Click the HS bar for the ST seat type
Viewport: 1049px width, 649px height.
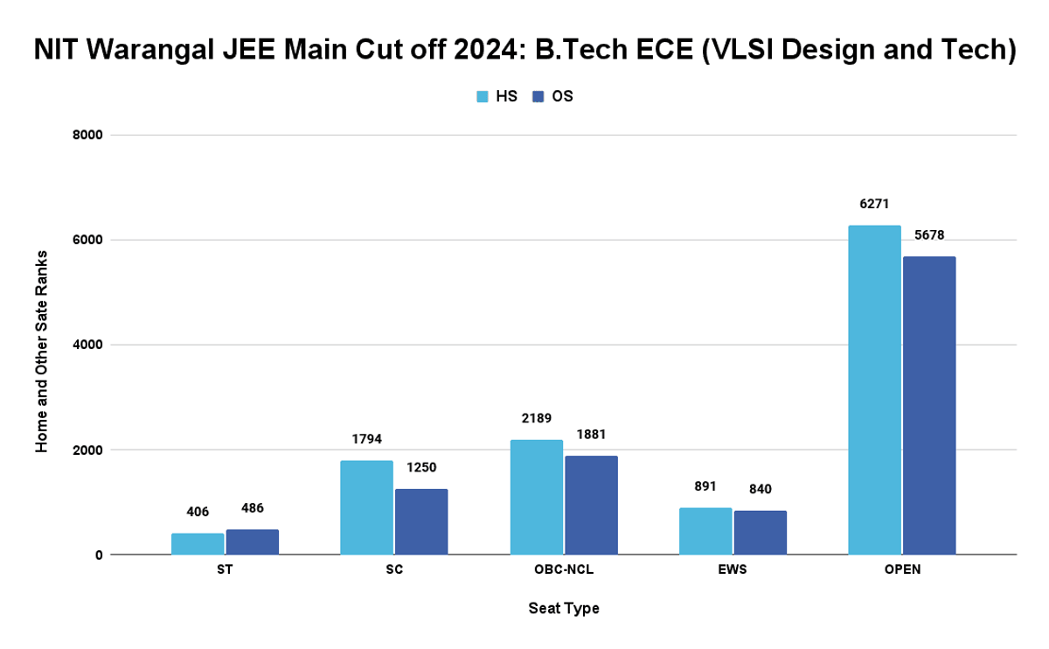(x=198, y=544)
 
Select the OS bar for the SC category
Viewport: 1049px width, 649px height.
(x=421, y=521)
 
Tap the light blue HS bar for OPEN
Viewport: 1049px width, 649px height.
(x=874, y=390)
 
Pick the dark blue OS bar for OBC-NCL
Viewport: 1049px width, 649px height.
(x=591, y=505)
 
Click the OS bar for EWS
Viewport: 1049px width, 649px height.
(x=760, y=533)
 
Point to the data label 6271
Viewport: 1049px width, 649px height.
(x=874, y=204)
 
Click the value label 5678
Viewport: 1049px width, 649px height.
(x=929, y=234)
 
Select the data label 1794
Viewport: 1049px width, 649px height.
(x=366, y=439)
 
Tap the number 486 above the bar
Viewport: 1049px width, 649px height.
(x=253, y=507)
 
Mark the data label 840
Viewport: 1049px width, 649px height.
(x=760, y=489)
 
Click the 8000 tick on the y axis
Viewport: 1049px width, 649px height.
(x=87, y=136)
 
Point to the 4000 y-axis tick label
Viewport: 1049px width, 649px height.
(x=87, y=345)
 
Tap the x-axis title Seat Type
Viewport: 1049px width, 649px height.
(x=564, y=608)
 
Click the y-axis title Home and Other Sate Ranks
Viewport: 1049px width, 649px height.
(x=41, y=351)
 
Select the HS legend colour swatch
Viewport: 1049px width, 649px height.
(x=482, y=97)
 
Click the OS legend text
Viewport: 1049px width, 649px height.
(x=562, y=97)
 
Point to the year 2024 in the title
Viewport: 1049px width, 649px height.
(x=476, y=51)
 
